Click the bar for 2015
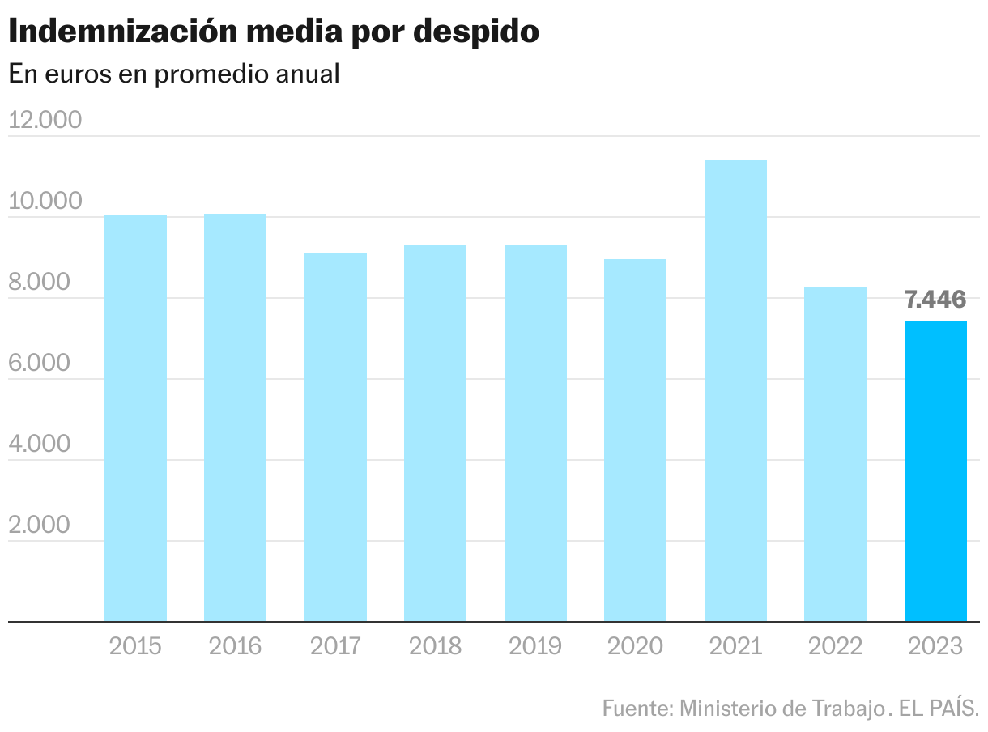[x=135, y=419]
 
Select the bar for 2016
[x=235, y=418]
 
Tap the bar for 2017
[x=335, y=437]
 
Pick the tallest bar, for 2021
[x=735, y=390]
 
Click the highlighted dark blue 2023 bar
[x=935, y=471]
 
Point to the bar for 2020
[x=635, y=440]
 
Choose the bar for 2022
[x=835, y=454]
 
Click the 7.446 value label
[x=935, y=300]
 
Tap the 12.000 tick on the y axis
[x=45, y=120]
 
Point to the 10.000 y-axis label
[x=45, y=201]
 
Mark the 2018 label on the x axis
[x=435, y=646]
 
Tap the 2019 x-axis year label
[x=535, y=646]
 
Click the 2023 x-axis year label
[x=935, y=646]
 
